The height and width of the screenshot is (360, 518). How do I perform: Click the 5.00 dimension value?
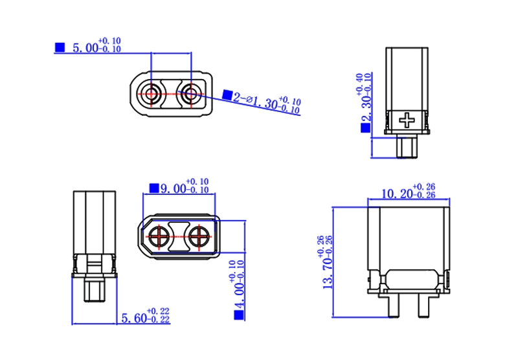(x=85, y=48)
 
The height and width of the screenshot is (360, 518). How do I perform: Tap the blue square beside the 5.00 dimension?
(x=60, y=47)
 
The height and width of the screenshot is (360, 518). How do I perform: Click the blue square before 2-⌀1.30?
(x=227, y=95)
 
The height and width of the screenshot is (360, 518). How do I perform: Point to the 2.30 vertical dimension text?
(x=366, y=106)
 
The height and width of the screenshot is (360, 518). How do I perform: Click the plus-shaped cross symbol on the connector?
(x=407, y=120)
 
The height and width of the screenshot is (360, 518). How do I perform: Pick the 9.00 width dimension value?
(x=173, y=188)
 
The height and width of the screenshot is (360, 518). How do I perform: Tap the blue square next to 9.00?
(x=154, y=188)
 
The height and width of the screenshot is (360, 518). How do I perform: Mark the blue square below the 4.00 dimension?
(x=239, y=315)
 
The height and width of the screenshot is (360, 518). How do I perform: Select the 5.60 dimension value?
(x=134, y=318)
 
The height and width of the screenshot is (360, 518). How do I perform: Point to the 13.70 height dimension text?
(x=328, y=273)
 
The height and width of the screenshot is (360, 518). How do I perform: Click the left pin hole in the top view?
(x=152, y=93)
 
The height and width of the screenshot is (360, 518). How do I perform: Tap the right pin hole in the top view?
(x=191, y=93)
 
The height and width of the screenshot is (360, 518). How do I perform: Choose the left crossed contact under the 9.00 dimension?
(x=159, y=236)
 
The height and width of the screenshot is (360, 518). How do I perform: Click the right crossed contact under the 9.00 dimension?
(x=199, y=236)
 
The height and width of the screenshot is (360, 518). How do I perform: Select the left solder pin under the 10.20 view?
(x=394, y=305)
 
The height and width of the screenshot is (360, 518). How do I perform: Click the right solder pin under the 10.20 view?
(x=424, y=305)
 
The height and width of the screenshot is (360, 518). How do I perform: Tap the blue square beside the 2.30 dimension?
(x=366, y=128)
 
